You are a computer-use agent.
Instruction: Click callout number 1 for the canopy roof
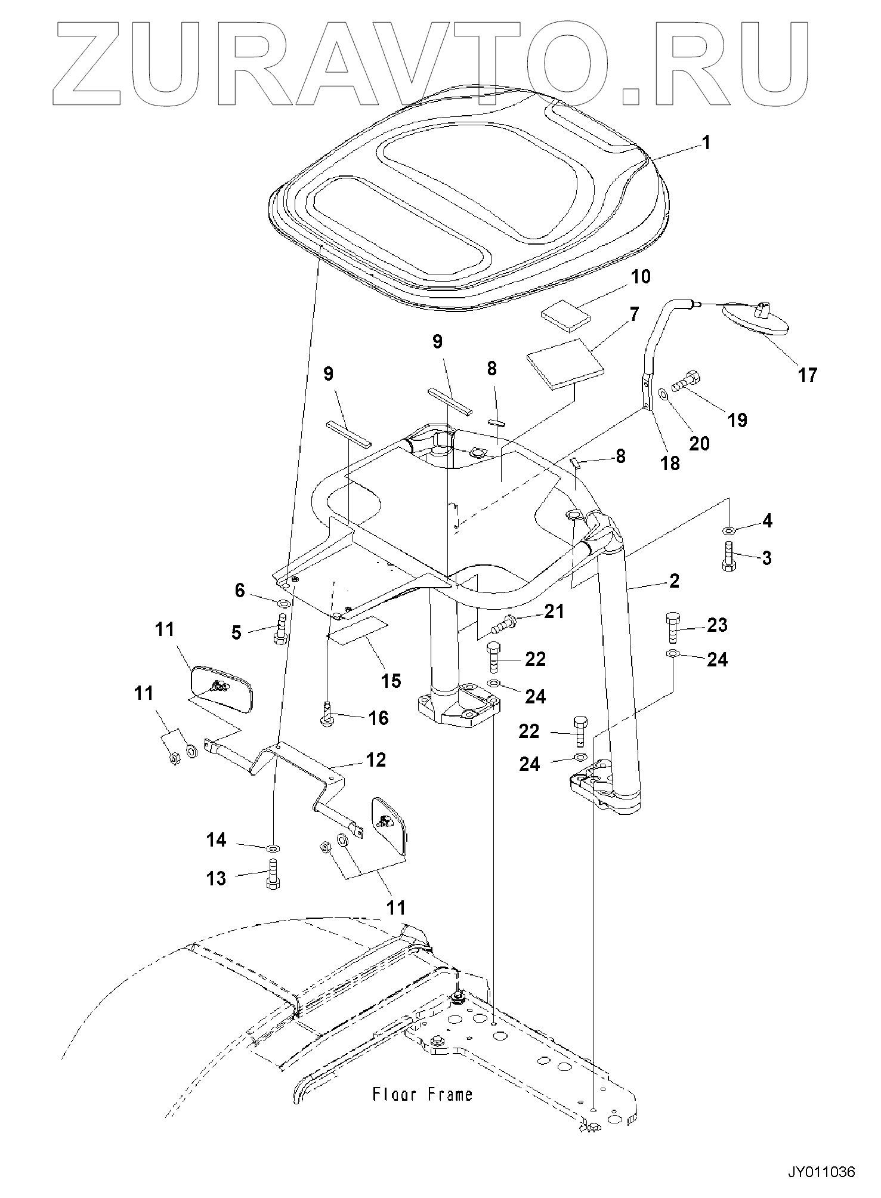(x=706, y=143)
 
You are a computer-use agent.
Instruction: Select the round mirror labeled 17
(x=755, y=317)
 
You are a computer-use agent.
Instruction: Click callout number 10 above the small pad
(x=641, y=277)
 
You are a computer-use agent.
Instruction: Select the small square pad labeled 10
(x=563, y=319)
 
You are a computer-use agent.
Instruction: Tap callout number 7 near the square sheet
(x=633, y=314)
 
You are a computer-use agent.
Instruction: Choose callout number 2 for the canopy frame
(x=673, y=580)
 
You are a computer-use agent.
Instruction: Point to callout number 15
(x=391, y=681)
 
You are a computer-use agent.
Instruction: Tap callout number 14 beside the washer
(x=216, y=840)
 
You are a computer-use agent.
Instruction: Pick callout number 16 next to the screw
(x=379, y=718)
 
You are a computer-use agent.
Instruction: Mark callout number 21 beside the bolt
(x=554, y=612)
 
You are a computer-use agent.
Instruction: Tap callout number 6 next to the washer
(x=239, y=591)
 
